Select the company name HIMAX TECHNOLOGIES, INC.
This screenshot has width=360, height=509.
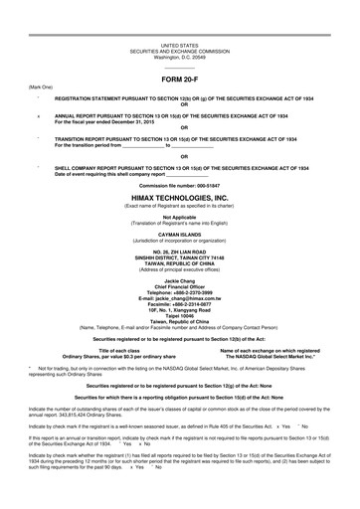click(x=179, y=197)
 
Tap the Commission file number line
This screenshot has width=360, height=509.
click(x=179, y=186)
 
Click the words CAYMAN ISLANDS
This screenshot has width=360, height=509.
click(x=179, y=228)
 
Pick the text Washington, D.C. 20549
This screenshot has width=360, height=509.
click(x=179, y=57)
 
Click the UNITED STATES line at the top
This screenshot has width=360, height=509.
click(x=179, y=46)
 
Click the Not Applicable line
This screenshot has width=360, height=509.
click(x=179, y=215)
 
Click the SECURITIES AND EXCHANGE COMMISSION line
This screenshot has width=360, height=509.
click(x=179, y=51)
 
